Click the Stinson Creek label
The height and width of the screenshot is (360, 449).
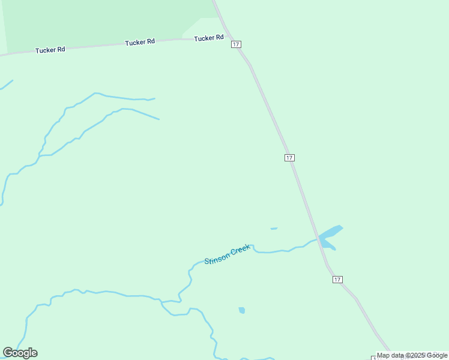click(x=227, y=254)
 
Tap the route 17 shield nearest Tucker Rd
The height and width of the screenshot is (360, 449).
click(x=236, y=44)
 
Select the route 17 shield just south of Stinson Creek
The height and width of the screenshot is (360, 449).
click(x=337, y=280)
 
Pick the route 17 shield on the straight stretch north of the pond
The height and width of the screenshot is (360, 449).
click(x=289, y=157)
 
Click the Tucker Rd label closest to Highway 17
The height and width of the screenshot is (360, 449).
click(x=208, y=38)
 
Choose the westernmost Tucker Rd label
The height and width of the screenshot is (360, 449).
click(x=50, y=50)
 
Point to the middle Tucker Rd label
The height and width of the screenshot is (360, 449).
click(x=140, y=42)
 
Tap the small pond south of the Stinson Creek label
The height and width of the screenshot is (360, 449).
click(x=242, y=310)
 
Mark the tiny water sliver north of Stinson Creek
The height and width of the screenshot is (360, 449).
click(x=274, y=229)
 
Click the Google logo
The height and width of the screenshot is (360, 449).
click(x=20, y=353)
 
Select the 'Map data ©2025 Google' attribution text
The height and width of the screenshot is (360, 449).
click(x=412, y=355)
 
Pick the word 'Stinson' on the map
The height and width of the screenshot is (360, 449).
click(x=216, y=259)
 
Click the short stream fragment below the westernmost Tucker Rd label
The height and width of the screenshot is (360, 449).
click(x=6, y=86)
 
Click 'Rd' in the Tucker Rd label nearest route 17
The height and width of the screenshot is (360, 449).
click(x=219, y=38)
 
